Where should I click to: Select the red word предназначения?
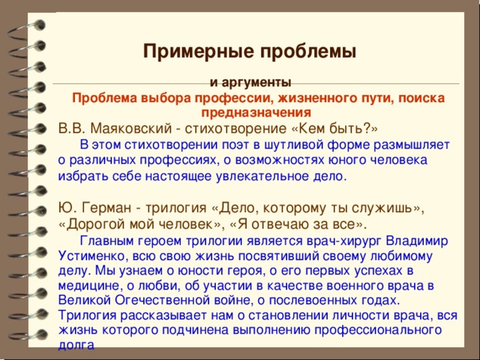pyautogui.click(x=256, y=113)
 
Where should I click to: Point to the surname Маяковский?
pyautogui.click(x=131, y=128)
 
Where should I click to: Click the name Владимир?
pyautogui.click(x=417, y=241)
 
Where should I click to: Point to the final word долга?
pyautogui.click(x=76, y=346)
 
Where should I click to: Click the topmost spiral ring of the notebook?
pyautogui.click(x=28, y=30)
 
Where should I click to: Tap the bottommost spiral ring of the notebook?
pyautogui.click(x=28, y=335)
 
